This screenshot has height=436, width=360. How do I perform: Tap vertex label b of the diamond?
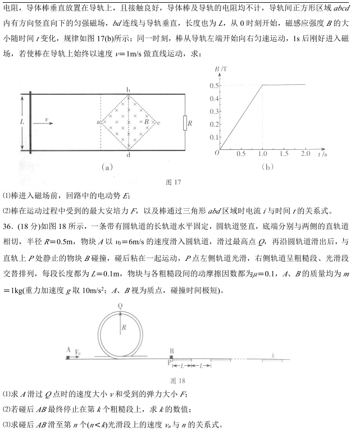(x=129, y=89)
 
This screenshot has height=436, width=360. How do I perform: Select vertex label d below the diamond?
(x=129, y=155)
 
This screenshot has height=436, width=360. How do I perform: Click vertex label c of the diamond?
(x=160, y=122)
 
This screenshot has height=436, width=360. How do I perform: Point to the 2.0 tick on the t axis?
(x=306, y=153)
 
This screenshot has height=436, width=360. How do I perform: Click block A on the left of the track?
(x=68, y=356)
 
